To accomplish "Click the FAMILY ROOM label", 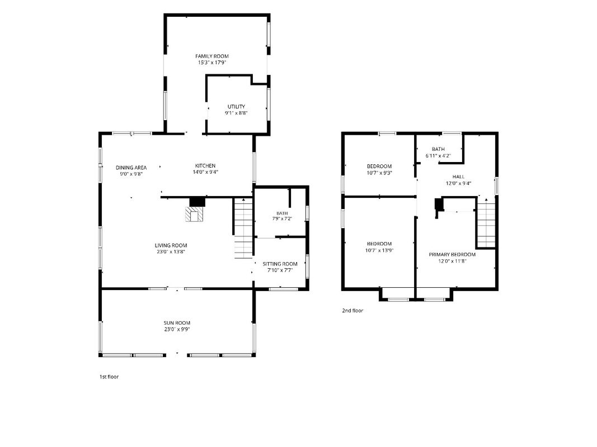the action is pyautogui.click(x=212, y=56).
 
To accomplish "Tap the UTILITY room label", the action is pyautogui.click(x=237, y=107).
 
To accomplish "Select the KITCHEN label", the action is pyautogui.click(x=205, y=166).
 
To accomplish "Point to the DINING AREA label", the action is pyautogui.click(x=131, y=168).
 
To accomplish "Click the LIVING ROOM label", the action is pyautogui.click(x=171, y=245).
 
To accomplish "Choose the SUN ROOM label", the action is pyautogui.click(x=177, y=323).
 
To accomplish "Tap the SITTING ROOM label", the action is pyautogui.click(x=280, y=264).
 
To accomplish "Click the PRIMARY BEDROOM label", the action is pyautogui.click(x=452, y=255).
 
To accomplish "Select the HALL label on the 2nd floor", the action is pyautogui.click(x=458, y=177).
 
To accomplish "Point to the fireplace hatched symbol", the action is pyautogui.click(x=195, y=215).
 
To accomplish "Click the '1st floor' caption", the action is pyautogui.click(x=109, y=377).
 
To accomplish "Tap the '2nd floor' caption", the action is pyautogui.click(x=352, y=311).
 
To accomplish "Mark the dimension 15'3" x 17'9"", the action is pyautogui.click(x=212, y=63).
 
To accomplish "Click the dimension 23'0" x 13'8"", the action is pyautogui.click(x=171, y=251).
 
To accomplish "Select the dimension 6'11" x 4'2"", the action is pyautogui.click(x=438, y=155).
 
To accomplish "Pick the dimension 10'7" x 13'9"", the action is pyautogui.click(x=379, y=250).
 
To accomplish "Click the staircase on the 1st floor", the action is pyautogui.click(x=243, y=228).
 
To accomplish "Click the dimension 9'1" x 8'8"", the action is pyautogui.click(x=237, y=113).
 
